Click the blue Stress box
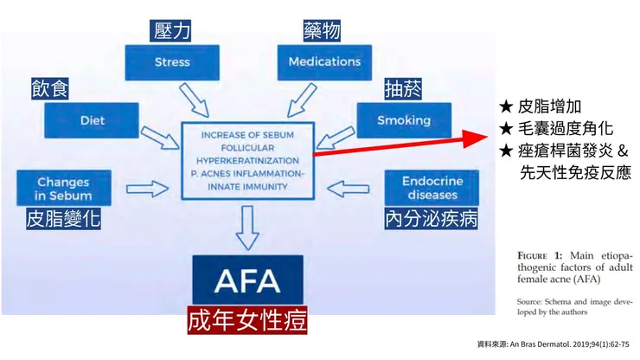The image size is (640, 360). pyautogui.click(x=172, y=62)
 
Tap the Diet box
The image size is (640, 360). pyautogui.click(x=92, y=120)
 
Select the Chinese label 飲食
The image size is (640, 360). pyautogui.click(x=50, y=88)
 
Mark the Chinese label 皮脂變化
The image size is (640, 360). pyautogui.click(x=63, y=219)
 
